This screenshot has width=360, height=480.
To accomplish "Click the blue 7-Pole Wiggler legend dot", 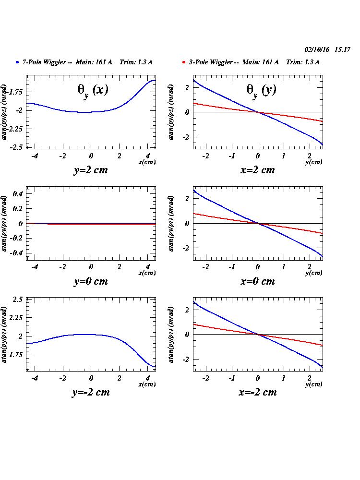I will click(x=17, y=62).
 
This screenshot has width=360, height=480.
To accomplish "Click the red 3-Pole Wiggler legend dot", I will click(x=184, y=62).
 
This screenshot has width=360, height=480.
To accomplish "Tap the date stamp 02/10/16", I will click(x=318, y=49).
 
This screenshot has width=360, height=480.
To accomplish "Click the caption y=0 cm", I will click(x=90, y=281).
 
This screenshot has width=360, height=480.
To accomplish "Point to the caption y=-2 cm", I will click(x=90, y=392).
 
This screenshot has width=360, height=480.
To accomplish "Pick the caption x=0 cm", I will click(x=257, y=281).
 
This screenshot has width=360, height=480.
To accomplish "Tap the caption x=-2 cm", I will click(x=257, y=392).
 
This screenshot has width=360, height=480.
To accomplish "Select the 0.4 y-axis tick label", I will click(x=18, y=194).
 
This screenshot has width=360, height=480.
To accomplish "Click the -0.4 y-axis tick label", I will click(x=17, y=253).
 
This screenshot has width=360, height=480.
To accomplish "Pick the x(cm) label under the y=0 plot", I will click(x=147, y=273).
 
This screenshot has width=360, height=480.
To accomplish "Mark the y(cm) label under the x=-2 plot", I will click(x=314, y=384).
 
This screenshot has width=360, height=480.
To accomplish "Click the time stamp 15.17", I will click(x=343, y=49).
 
